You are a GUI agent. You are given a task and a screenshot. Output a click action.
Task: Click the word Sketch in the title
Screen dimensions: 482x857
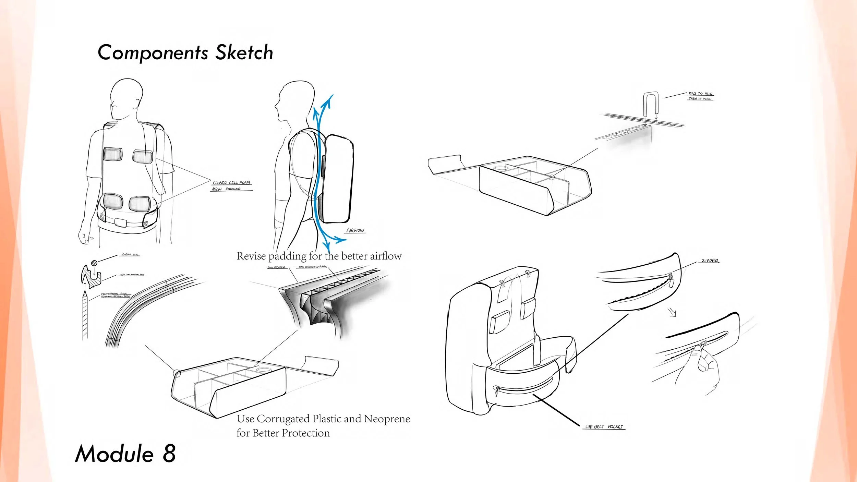pyautogui.click(x=244, y=52)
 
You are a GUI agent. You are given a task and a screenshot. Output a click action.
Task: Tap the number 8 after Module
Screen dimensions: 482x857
pyautogui.click(x=169, y=453)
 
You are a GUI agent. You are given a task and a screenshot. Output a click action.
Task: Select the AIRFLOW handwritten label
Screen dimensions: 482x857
pyautogui.click(x=355, y=230)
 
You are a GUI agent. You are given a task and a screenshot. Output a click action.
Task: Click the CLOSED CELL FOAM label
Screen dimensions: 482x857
pyautogui.click(x=231, y=183)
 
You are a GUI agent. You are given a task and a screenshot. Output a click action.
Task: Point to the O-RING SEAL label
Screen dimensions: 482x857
pyautogui.click(x=130, y=255)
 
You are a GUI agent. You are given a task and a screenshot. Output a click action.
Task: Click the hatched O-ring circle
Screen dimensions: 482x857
pyautogui.click(x=94, y=263)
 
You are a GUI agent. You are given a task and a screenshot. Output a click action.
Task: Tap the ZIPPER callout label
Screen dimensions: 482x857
pyautogui.click(x=710, y=261)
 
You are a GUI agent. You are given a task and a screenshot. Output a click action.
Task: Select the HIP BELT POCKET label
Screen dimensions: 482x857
pyautogui.click(x=604, y=427)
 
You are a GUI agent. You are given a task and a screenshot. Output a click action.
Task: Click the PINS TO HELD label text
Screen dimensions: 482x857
pyautogui.click(x=700, y=94)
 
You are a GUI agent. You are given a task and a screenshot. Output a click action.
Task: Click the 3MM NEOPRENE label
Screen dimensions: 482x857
pyautogui.click(x=277, y=267)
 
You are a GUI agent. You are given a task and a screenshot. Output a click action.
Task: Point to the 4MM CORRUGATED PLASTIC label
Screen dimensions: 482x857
pyautogui.click(x=313, y=267)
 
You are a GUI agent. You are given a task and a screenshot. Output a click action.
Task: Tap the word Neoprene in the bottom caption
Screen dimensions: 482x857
pyautogui.click(x=387, y=419)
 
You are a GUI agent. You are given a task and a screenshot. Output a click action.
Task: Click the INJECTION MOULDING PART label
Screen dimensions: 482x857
pyautogui.click(x=132, y=275)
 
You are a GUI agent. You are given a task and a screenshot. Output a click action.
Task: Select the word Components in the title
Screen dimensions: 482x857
pyautogui.click(x=153, y=52)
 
